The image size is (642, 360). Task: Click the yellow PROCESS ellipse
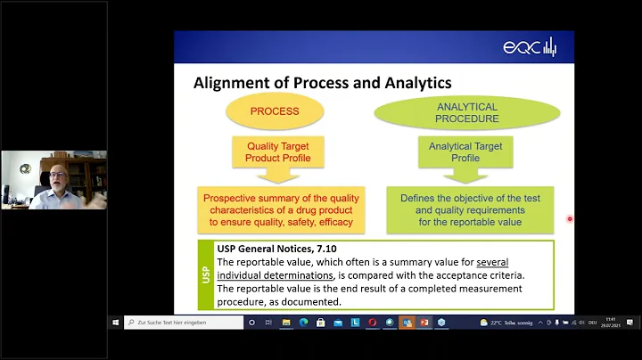click(x=275, y=112)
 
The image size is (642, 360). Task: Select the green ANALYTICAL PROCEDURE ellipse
click(x=466, y=112)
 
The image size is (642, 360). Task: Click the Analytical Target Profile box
click(x=465, y=152)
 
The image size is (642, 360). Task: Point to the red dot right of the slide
click(x=570, y=218)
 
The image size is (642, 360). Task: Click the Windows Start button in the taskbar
click(x=116, y=322)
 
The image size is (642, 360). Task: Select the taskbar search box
click(x=183, y=322)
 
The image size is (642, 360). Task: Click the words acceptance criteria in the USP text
click(x=481, y=275)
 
